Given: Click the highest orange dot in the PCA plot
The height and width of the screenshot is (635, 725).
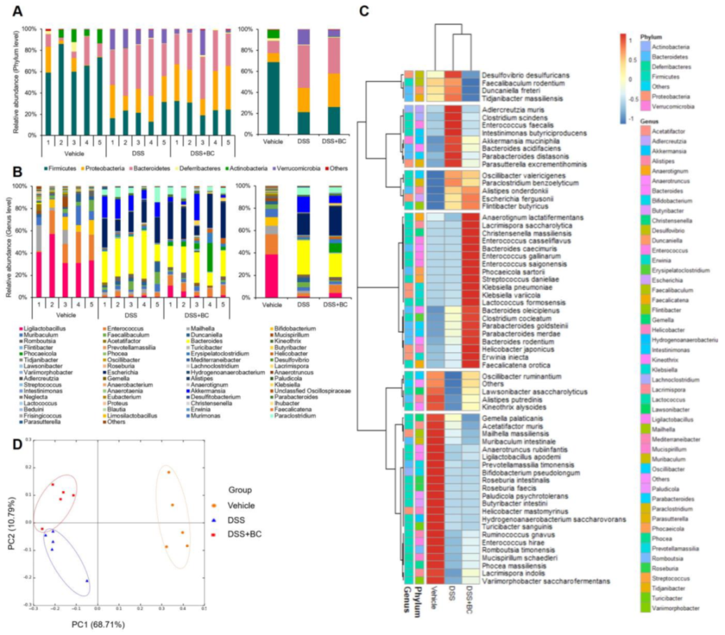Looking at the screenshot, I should pyautogui.click(x=168, y=472).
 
